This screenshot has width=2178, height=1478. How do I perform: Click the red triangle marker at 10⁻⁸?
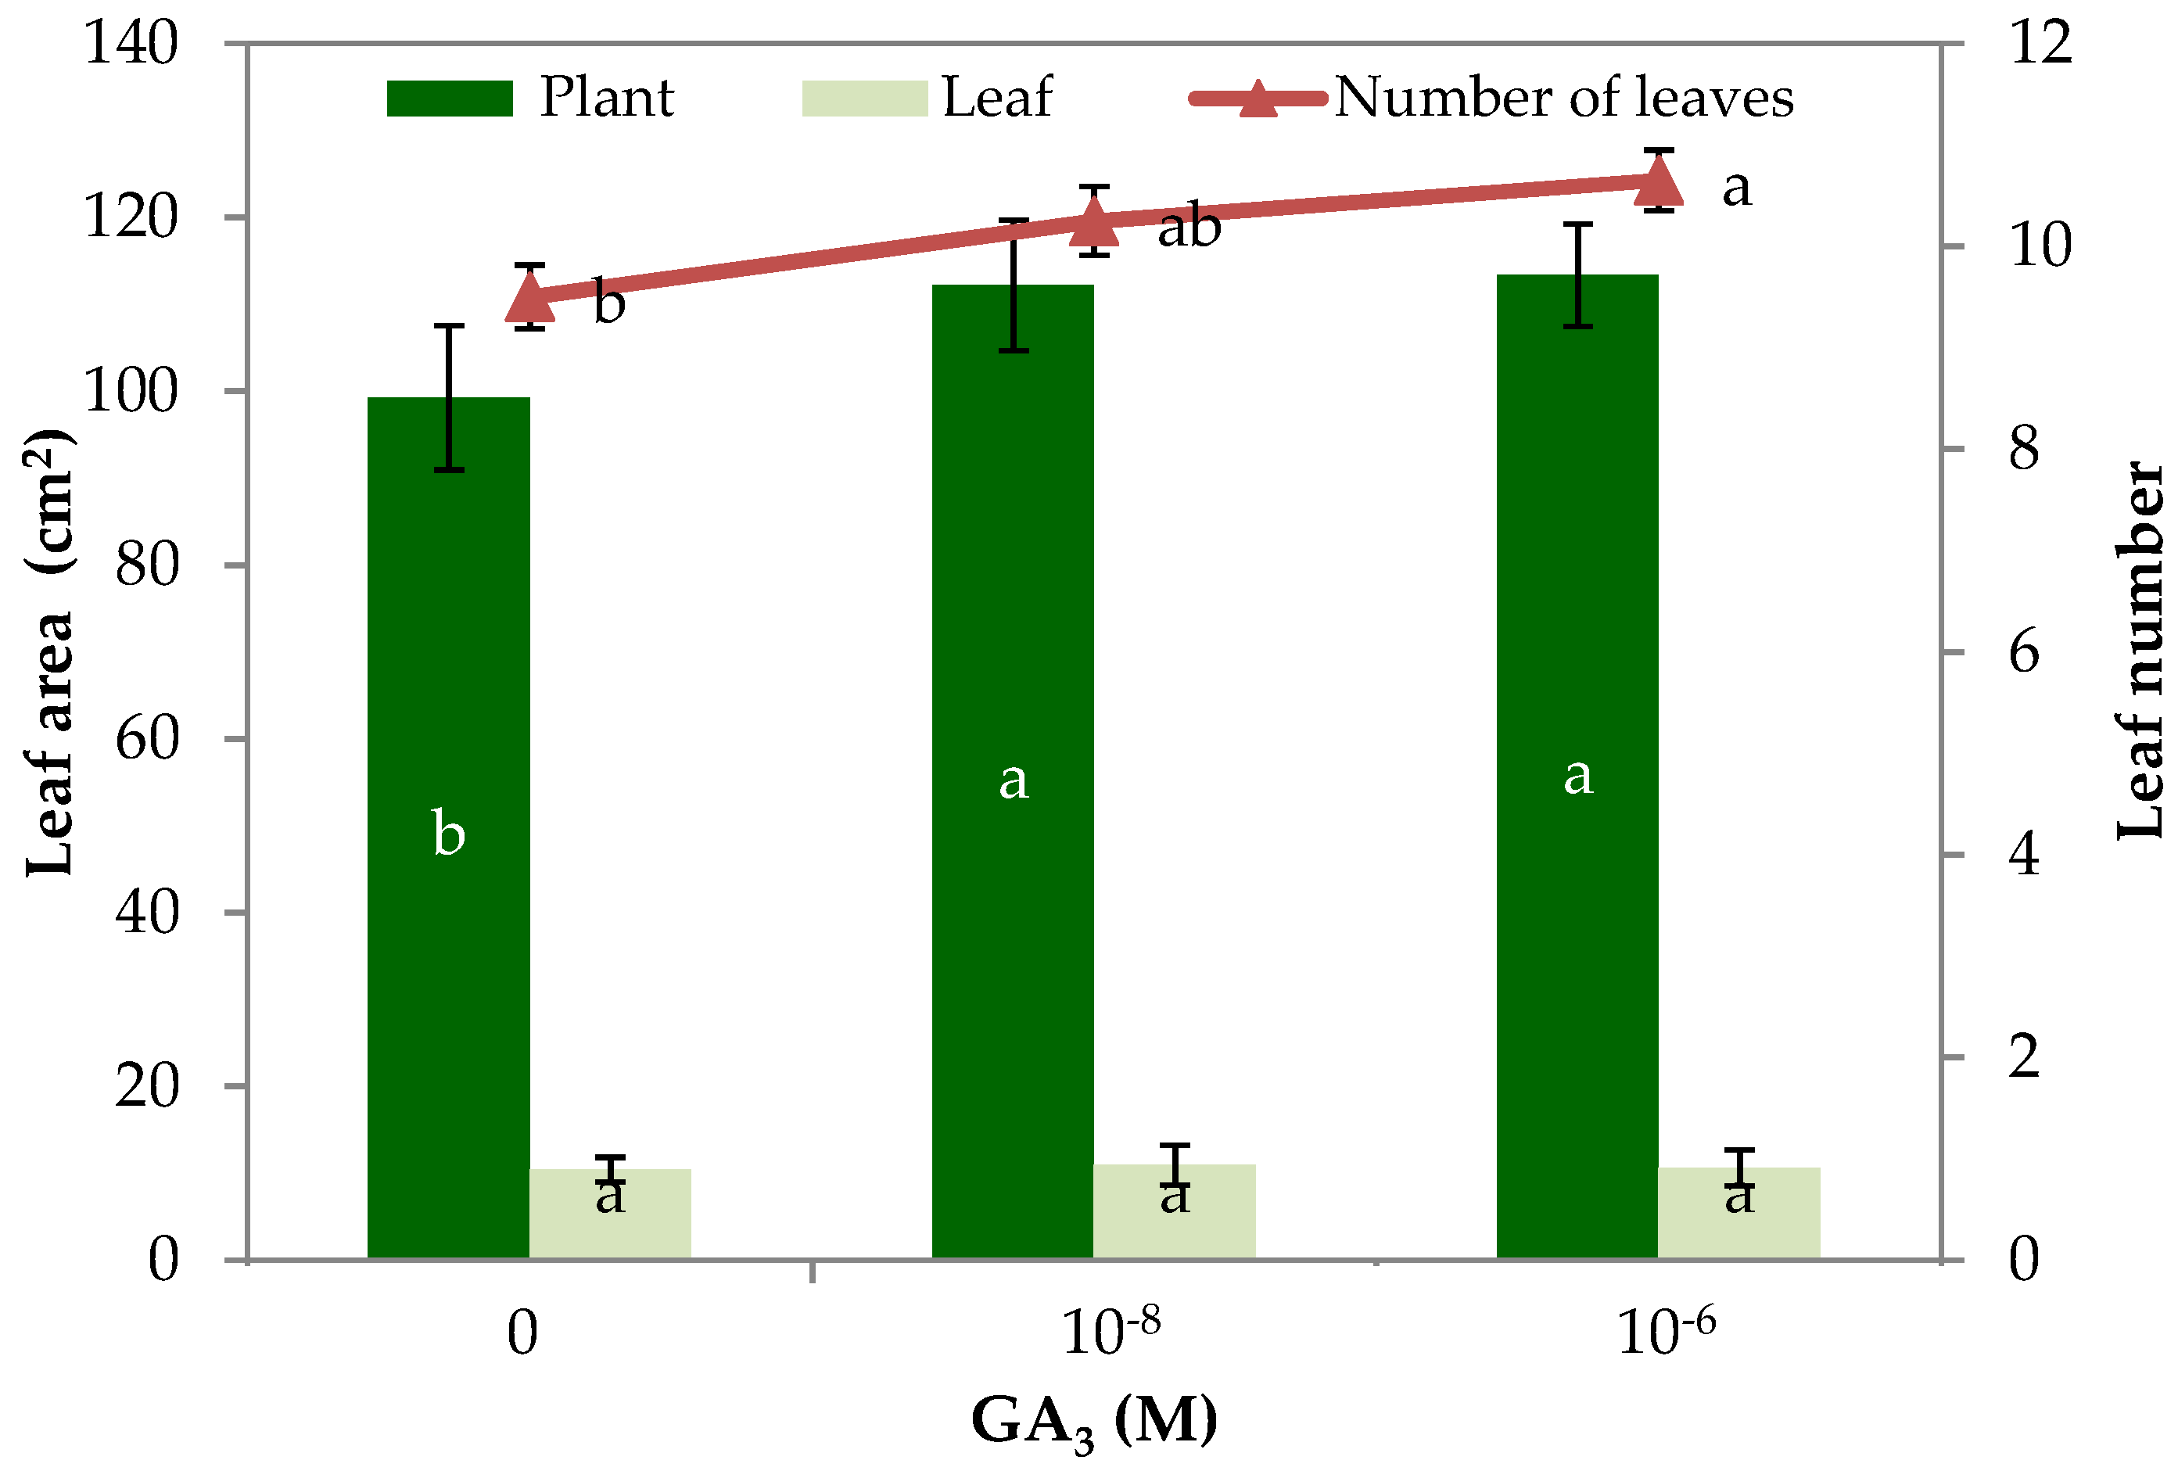coord(1093,222)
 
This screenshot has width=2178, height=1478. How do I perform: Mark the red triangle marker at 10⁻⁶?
coord(1659,182)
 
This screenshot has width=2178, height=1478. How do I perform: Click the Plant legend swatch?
coord(450,99)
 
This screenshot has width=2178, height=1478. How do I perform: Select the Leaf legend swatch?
coord(864,99)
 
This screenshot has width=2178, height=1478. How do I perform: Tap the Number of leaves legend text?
coord(1563,98)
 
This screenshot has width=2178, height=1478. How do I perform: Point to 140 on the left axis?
coord(131,43)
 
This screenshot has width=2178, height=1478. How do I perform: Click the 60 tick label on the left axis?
coord(147,738)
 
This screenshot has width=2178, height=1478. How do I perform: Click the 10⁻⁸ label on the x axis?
coord(1111,1331)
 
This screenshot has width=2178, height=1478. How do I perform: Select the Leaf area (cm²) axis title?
coord(48,653)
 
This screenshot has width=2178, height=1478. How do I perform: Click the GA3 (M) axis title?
coord(1093,1422)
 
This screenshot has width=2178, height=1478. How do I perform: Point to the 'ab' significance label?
coord(1189,228)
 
